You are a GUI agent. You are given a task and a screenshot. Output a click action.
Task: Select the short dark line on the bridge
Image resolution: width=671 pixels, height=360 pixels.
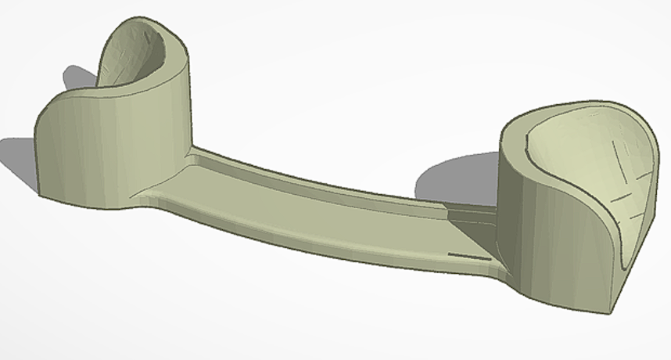(467, 254)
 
